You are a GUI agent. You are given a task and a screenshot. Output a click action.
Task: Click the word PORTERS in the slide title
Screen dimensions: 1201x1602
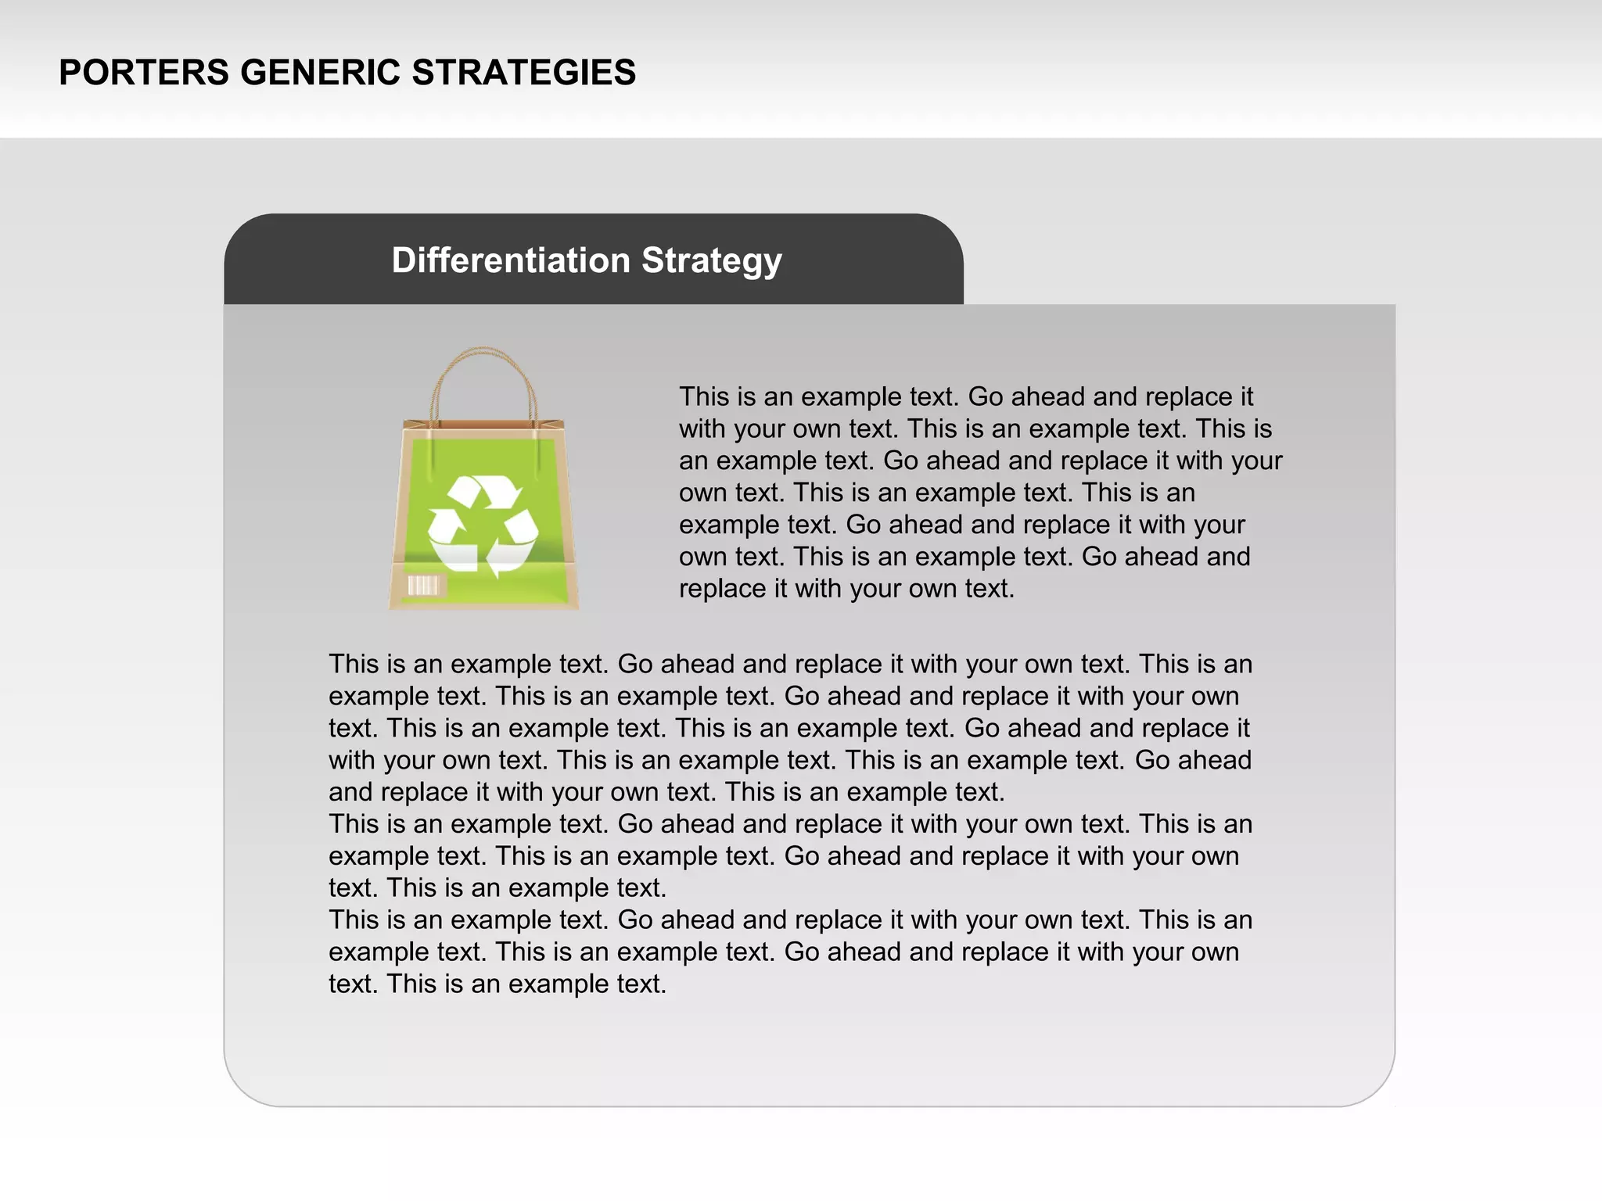pos(143,73)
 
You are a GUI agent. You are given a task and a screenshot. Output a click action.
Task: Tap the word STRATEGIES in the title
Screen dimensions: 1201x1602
pos(524,73)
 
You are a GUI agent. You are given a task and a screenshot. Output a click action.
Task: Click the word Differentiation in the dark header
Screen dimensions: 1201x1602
pos(511,260)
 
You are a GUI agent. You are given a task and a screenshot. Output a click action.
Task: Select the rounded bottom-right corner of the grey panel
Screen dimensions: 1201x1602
pos(1377,1087)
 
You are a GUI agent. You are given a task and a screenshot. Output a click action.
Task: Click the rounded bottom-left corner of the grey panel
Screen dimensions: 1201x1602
pos(242,1087)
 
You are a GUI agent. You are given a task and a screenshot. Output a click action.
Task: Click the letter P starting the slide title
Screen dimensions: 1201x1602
pos(70,73)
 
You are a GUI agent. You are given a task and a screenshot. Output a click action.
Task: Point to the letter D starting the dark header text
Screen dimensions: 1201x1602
pos(404,260)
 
